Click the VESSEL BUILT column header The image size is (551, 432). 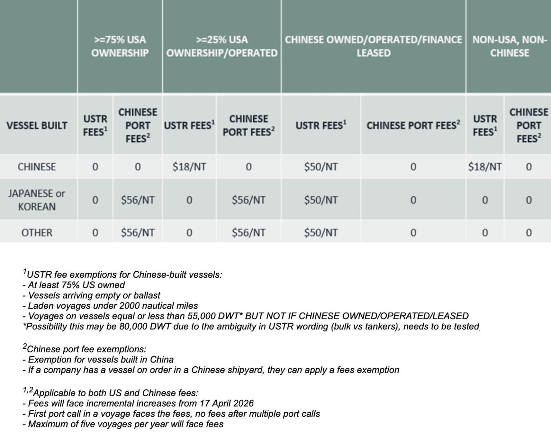37,126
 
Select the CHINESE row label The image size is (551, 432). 37,167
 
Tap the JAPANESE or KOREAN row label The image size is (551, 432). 37,200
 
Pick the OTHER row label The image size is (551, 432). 37,233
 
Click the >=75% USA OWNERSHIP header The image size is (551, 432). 120,46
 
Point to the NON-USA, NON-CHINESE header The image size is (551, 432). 509,46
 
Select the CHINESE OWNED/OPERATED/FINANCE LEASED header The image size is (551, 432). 373,46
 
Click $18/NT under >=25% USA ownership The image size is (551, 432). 189,167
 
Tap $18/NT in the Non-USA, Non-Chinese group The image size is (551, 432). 485,167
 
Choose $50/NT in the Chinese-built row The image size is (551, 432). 321,167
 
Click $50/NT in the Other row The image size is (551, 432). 321,233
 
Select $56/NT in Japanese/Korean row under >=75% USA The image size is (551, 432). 138,200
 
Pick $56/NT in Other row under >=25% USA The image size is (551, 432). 249,233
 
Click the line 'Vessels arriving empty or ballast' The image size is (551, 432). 94,295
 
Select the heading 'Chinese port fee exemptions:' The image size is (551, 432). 86,349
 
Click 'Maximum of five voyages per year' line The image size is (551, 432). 126,424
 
